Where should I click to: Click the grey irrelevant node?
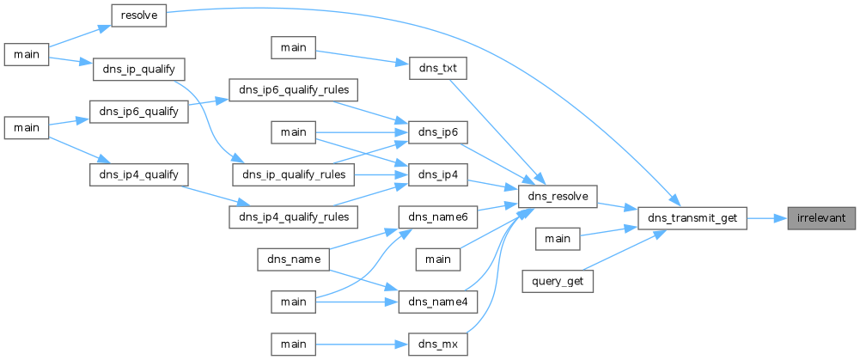click(x=821, y=218)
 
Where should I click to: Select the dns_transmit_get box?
click(x=692, y=218)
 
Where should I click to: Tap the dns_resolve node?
click(x=558, y=197)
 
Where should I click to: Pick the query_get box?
click(x=558, y=281)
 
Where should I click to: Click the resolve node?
click(x=138, y=15)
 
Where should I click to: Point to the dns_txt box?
click(x=437, y=69)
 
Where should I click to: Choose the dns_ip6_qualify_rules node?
click(x=294, y=90)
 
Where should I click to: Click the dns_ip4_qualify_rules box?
click(x=294, y=217)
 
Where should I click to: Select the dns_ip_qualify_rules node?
click(x=294, y=175)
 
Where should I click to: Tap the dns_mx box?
click(x=437, y=345)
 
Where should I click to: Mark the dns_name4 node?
click(x=437, y=302)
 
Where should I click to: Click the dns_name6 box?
click(x=437, y=217)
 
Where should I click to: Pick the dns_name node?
click(x=294, y=259)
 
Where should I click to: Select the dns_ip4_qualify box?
click(x=138, y=175)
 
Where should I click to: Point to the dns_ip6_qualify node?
click(x=138, y=112)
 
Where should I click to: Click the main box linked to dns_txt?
click(x=294, y=48)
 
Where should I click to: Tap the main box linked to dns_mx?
click(x=294, y=345)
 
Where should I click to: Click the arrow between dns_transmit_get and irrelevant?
click(x=767, y=218)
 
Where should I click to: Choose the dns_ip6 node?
click(x=437, y=133)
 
